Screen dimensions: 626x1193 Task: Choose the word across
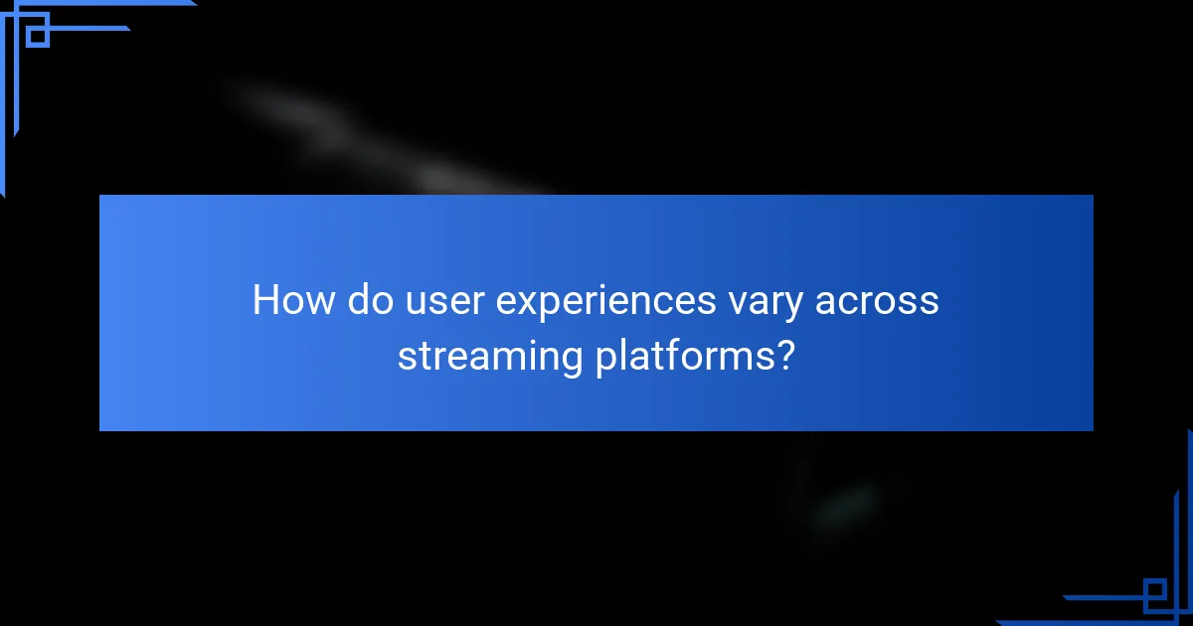pos(877,300)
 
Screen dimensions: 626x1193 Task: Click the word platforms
pos(683,355)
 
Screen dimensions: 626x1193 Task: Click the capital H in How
pos(265,300)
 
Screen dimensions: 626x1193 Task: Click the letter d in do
pos(358,300)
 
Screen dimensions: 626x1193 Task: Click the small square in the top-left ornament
pos(38,36)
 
